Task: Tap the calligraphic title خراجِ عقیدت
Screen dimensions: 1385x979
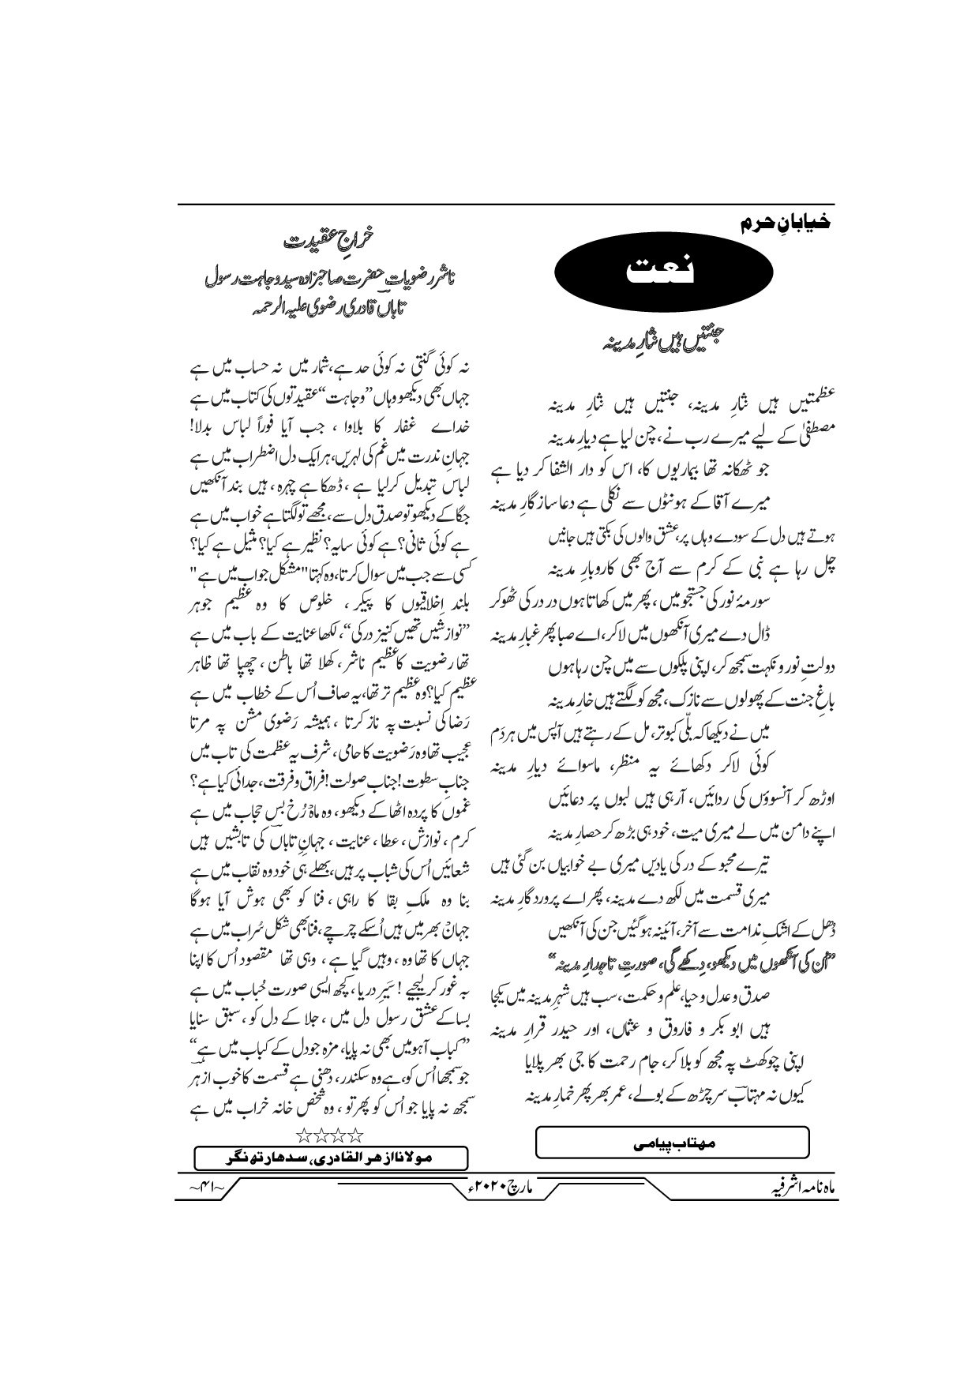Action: click(x=329, y=238)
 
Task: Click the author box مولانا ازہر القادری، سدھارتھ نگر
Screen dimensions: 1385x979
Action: click(x=332, y=1158)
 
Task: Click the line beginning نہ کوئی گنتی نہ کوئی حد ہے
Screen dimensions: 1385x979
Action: click(x=332, y=367)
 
